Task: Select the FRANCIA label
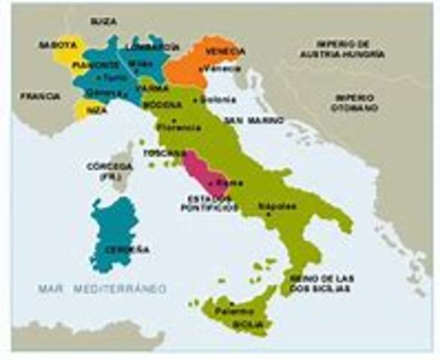[40, 97]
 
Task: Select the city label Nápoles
[273, 205]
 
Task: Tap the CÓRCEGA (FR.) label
[108, 169]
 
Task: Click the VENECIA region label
[225, 52]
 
